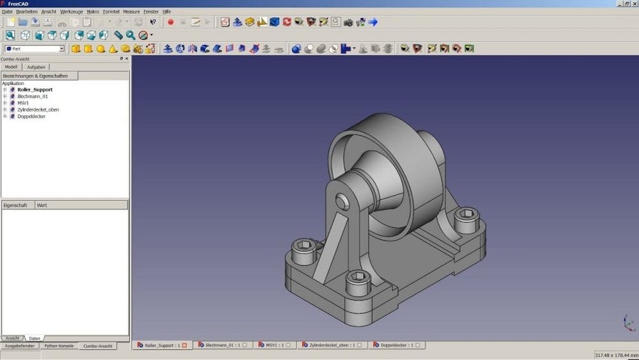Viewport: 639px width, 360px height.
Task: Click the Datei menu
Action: (x=8, y=12)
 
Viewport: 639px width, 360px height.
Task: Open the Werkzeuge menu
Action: (x=71, y=12)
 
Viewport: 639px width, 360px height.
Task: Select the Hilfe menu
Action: (x=167, y=12)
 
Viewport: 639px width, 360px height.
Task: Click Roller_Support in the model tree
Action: (x=35, y=90)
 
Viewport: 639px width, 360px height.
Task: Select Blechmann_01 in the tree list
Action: (x=32, y=97)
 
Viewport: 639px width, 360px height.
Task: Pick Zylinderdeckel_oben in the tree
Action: (x=38, y=109)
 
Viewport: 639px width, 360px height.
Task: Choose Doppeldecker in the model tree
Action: (x=31, y=116)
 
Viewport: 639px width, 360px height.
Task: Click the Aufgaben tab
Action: (x=36, y=67)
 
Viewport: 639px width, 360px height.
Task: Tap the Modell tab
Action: (x=11, y=67)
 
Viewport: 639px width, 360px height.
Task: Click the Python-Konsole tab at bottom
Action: (x=59, y=346)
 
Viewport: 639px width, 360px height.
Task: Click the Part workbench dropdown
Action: (x=35, y=49)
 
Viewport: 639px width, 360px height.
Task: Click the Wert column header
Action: (x=42, y=205)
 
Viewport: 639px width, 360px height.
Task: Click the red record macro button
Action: (x=171, y=22)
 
